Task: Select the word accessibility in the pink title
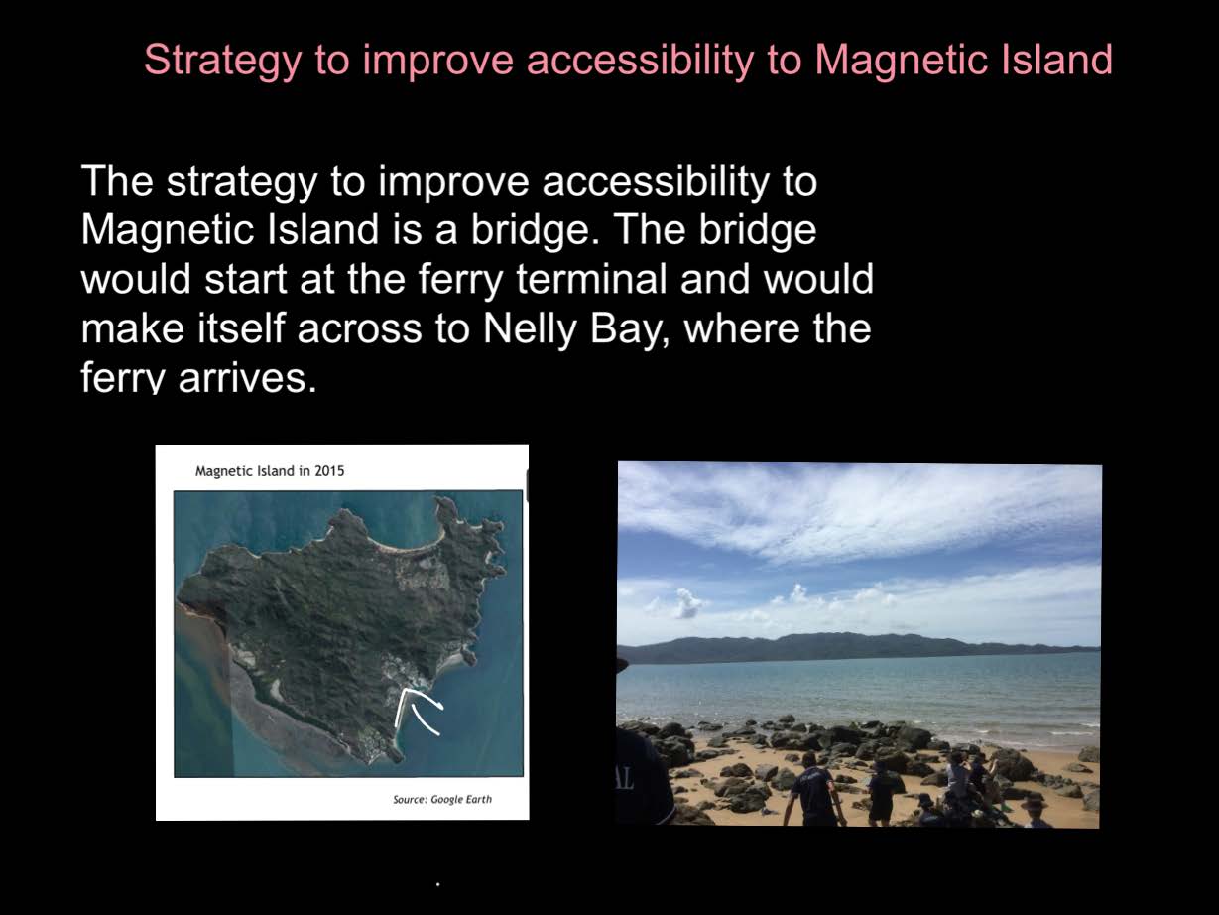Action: point(640,59)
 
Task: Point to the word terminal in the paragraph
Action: point(591,278)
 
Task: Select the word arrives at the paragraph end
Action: point(247,378)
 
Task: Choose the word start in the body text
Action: point(245,280)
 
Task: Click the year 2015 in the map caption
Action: point(329,471)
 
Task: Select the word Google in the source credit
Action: point(446,800)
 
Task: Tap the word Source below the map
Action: point(410,800)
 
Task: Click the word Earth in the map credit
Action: point(479,799)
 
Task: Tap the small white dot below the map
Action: point(438,884)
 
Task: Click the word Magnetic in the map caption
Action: point(224,471)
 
